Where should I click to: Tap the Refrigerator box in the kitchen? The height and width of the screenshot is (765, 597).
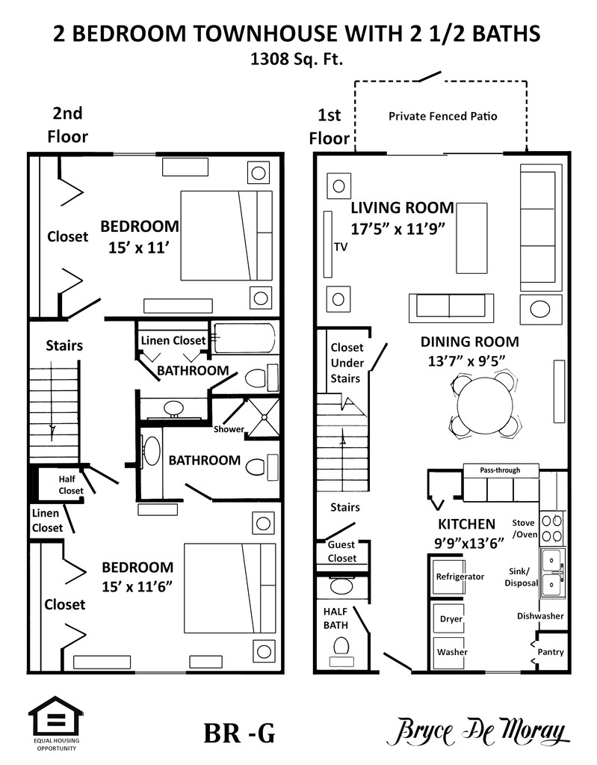(460, 577)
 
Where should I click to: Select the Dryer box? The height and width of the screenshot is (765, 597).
(451, 618)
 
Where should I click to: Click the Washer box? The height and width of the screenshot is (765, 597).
(451, 651)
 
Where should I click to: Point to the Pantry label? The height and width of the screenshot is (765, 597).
(551, 652)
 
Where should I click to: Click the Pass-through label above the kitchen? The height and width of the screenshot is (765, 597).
(500, 470)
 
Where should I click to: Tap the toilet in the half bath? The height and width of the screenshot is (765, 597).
(342, 645)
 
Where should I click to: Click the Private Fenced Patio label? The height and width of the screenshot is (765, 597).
(442, 116)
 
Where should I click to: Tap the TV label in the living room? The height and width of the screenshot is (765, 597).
(341, 247)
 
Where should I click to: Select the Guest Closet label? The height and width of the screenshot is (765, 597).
(342, 552)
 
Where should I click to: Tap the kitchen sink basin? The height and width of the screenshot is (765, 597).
(553, 572)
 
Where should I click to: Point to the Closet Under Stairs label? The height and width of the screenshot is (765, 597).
(346, 363)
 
